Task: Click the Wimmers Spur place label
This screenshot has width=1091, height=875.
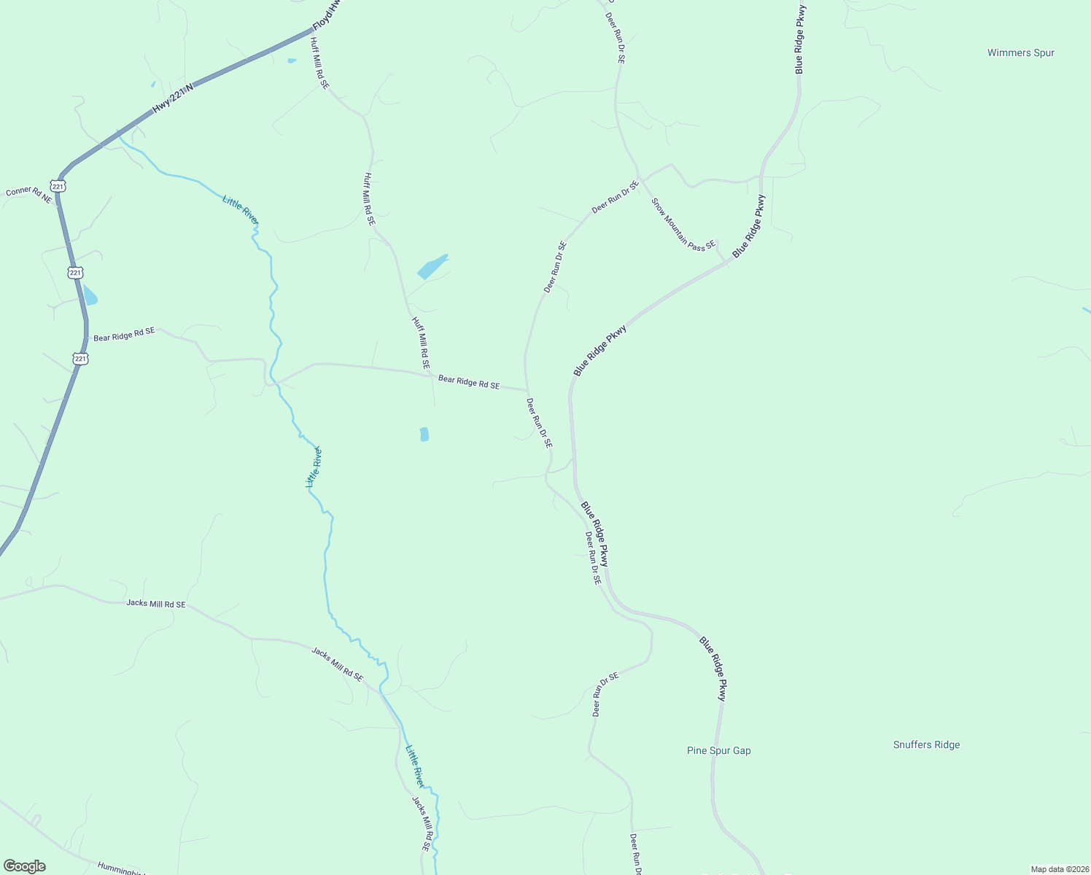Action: click(x=1020, y=52)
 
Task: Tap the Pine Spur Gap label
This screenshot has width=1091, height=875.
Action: click(x=718, y=750)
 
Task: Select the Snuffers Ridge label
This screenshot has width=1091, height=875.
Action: click(x=926, y=744)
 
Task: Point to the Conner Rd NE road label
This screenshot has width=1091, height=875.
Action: click(x=29, y=194)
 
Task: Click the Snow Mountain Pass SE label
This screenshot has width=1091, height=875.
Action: click(x=683, y=224)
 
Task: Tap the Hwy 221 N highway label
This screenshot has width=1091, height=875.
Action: click(x=173, y=98)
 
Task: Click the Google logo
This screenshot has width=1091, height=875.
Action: click(x=24, y=866)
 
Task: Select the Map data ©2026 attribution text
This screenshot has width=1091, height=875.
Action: click(x=1059, y=869)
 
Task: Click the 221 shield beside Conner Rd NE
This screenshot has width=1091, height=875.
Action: click(x=58, y=186)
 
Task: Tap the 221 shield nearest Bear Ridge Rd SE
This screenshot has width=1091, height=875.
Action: click(x=80, y=359)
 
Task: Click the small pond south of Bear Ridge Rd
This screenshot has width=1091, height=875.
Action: click(x=424, y=435)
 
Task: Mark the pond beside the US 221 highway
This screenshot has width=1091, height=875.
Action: click(x=90, y=295)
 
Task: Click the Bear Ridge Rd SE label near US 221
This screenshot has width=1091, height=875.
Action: click(x=124, y=335)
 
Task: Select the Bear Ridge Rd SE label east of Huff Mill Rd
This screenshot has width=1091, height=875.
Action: click(x=468, y=382)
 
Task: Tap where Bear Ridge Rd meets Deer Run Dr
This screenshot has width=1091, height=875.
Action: click(x=527, y=390)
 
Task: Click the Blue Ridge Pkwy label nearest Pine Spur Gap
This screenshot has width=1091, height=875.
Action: click(x=713, y=669)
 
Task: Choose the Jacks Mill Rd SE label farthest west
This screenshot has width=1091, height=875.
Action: click(x=155, y=604)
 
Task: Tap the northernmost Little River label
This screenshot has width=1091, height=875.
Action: click(x=240, y=210)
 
